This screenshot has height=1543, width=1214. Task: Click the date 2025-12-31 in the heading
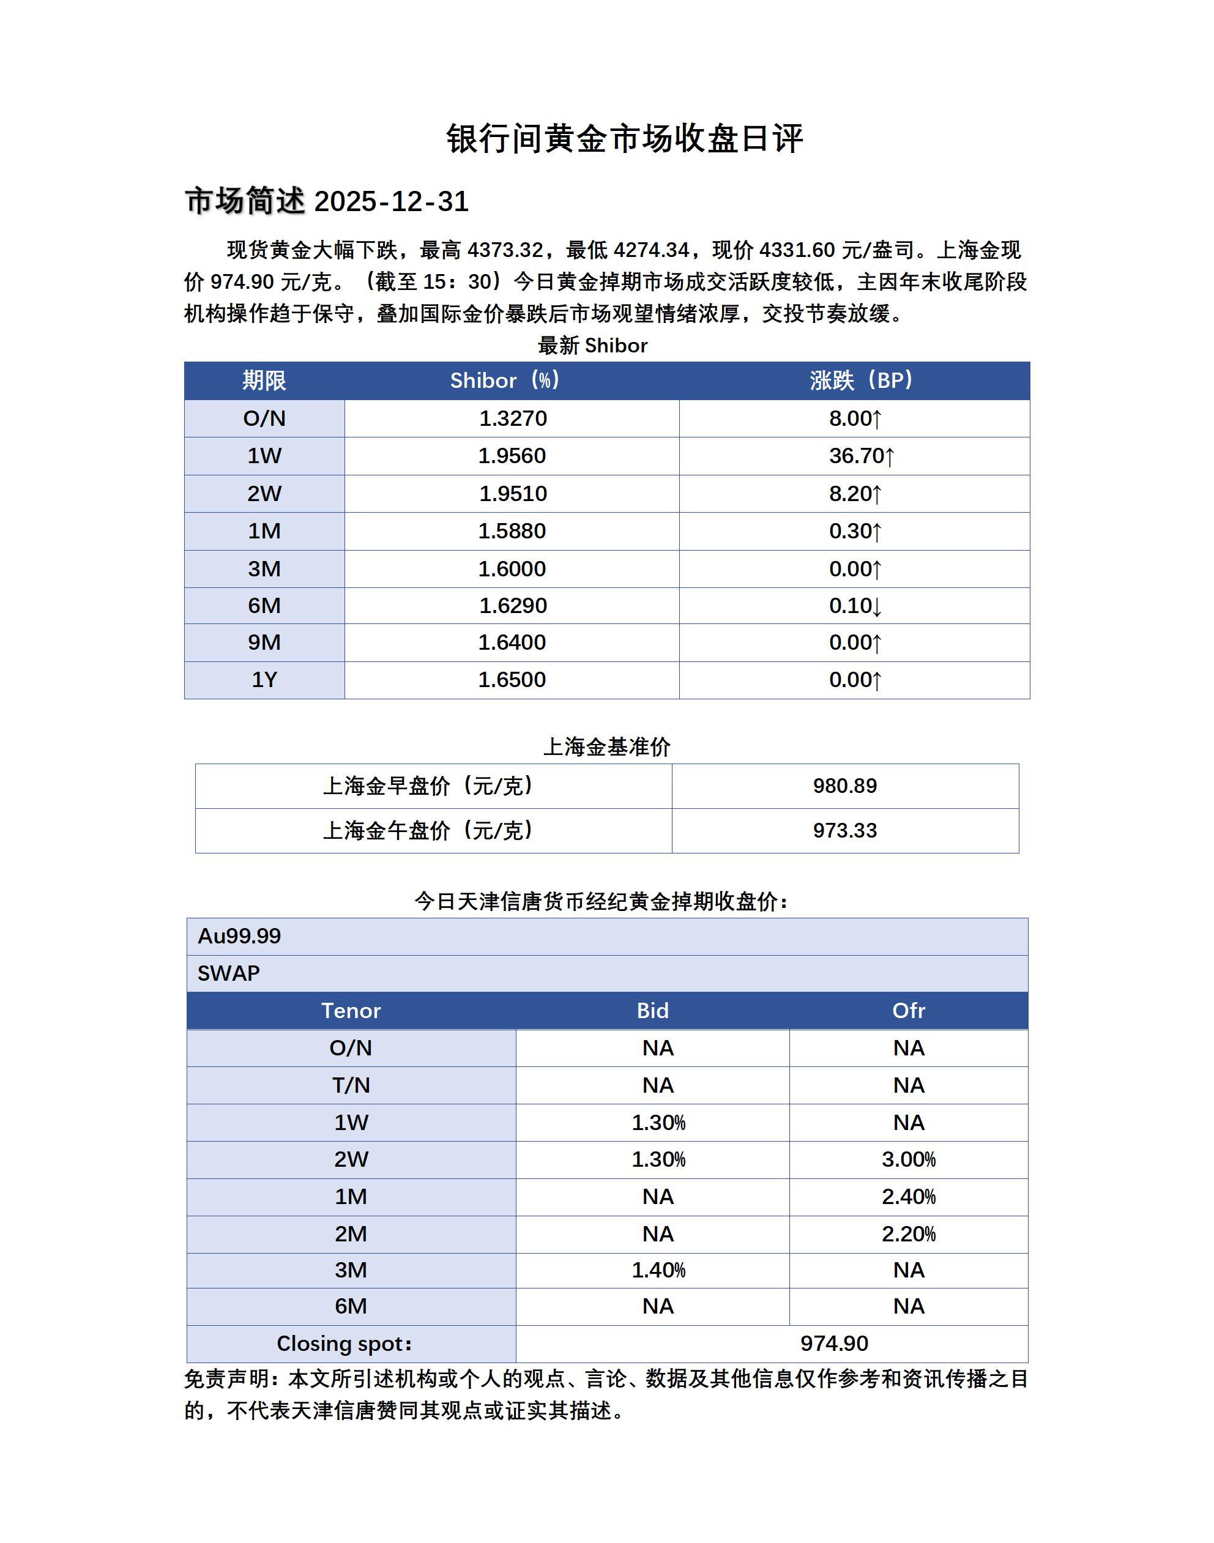(391, 202)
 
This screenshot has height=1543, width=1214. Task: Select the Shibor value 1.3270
(513, 418)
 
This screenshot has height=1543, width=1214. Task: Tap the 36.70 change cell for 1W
(861, 456)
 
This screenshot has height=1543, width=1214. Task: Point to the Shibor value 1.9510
(513, 493)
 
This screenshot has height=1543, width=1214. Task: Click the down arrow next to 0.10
(877, 607)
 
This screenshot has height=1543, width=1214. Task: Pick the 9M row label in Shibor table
(264, 642)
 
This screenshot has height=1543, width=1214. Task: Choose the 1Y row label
(264, 680)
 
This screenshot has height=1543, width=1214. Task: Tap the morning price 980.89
(844, 786)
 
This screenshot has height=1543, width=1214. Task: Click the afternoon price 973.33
(844, 830)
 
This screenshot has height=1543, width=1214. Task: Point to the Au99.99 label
(239, 936)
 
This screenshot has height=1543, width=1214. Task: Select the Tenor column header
(351, 1011)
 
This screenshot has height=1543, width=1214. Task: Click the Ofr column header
(909, 1011)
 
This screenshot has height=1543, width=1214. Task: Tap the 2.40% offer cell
(909, 1197)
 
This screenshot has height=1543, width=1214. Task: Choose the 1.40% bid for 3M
(658, 1270)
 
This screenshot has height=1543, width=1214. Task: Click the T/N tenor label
(351, 1085)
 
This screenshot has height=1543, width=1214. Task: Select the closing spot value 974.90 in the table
(834, 1344)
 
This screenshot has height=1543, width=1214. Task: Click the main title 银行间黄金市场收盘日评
(624, 139)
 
